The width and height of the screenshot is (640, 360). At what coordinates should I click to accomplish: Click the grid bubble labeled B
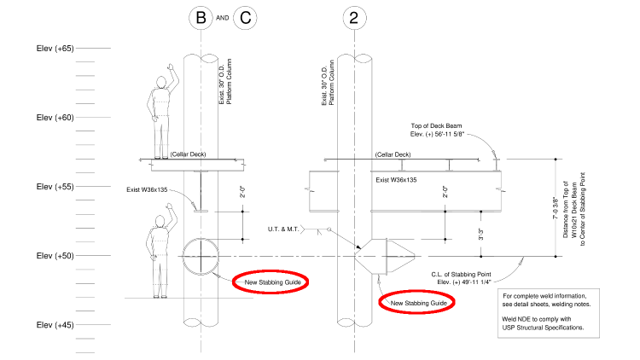[x=201, y=18]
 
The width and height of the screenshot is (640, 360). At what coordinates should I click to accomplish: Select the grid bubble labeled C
[x=245, y=18]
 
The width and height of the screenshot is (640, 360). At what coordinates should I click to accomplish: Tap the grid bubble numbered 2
[x=354, y=18]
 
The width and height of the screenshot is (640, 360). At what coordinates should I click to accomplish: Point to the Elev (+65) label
[x=55, y=49]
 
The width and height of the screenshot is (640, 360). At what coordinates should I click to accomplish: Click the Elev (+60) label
[x=55, y=118]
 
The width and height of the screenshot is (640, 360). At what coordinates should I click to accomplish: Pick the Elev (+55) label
[x=55, y=187]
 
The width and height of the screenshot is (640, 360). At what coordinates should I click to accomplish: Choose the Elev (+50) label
[x=55, y=256]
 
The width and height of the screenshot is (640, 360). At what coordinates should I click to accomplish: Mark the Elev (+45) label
[x=55, y=325]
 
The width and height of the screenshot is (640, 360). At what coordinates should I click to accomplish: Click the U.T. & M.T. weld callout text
[x=283, y=229]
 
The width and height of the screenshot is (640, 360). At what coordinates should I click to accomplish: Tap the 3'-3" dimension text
[x=480, y=235]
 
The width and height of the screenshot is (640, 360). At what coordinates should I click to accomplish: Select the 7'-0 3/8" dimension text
[x=556, y=208]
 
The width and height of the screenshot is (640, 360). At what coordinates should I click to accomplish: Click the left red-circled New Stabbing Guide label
[x=273, y=282]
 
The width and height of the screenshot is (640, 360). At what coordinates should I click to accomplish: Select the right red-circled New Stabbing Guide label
[x=419, y=303]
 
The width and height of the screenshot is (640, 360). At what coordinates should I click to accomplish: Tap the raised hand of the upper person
[x=171, y=67]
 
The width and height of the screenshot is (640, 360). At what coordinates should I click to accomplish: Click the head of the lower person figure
[x=160, y=222]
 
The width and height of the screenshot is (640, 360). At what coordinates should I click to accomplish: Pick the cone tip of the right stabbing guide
[x=415, y=256]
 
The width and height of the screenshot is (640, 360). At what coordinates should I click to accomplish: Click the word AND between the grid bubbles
[x=223, y=18]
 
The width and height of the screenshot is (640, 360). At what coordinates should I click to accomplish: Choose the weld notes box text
[x=546, y=312]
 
